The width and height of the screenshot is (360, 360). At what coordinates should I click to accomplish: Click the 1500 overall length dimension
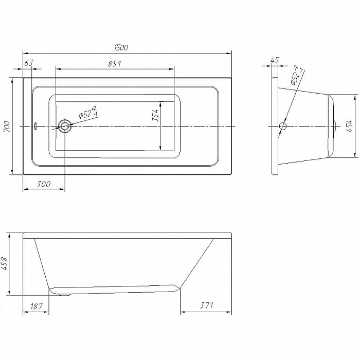(121, 47)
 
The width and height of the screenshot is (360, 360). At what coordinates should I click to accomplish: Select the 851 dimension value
(115, 64)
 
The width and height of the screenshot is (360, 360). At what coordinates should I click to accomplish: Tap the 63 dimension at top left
(29, 63)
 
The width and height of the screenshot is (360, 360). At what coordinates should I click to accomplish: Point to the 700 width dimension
(7, 127)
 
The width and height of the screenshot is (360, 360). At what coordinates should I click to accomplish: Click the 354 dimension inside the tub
(155, 115)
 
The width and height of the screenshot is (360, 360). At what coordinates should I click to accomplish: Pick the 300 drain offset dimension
(44, 184)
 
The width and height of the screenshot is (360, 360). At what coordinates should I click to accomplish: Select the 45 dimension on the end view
(275, 60)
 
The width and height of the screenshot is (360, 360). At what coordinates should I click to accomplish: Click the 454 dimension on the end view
(349, 126)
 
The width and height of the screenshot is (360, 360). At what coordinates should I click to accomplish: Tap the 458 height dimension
(4, 264)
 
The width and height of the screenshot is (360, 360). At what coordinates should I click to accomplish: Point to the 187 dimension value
(37, 306)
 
